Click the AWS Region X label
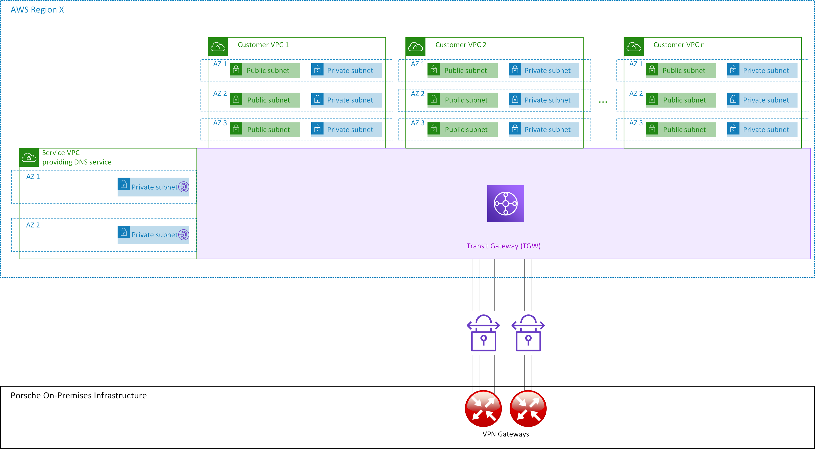point(37,10)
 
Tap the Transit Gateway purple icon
point(505,203)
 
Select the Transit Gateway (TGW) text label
point(503,246)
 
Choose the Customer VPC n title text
point(679,45)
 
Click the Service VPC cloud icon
point(29,157)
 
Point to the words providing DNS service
point(77,162)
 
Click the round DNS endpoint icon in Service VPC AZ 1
point(184,187)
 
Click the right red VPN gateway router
point(528,408)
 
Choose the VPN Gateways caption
point(505,434)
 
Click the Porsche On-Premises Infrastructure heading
point(78,396)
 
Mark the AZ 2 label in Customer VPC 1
point(220,94)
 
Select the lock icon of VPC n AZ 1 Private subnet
point(733,70)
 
